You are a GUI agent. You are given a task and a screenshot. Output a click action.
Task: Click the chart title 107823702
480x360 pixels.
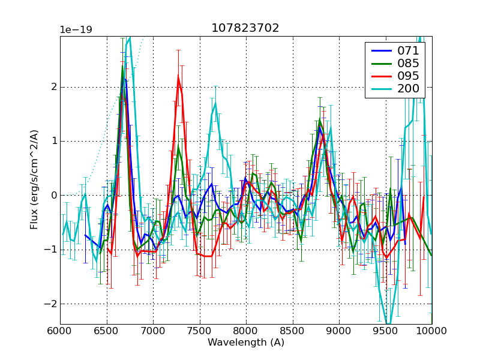click(x=245, y=28)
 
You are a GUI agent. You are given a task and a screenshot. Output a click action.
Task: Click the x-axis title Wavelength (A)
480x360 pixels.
click(x=245, y=343)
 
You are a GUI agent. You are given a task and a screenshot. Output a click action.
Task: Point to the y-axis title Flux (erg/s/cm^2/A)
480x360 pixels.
click(x=34, y=180)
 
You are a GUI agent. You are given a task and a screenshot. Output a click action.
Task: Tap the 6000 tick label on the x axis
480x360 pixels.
click(x=60, y=331)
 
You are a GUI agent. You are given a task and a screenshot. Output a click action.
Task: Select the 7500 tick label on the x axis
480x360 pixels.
click(x=199, y=331)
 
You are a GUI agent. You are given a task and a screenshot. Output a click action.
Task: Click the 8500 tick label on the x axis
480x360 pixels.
click(x=292, y=331)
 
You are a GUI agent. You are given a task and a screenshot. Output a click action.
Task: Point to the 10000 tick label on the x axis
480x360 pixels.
click(x=431, y=331)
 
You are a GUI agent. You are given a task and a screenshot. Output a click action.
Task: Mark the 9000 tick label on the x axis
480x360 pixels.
click(x=339, y=331)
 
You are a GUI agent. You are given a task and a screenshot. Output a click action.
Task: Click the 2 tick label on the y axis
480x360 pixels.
click(x=53, y=87)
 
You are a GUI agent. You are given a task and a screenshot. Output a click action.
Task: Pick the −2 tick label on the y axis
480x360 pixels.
click(x=50, y=304)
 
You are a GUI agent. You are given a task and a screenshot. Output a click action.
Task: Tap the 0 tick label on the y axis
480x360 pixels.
click(x=53, y=196)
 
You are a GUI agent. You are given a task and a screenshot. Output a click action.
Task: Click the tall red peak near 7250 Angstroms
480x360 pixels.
click(x=178, y=76)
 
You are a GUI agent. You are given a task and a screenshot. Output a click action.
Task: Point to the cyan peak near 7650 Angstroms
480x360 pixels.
click(x=215, y=103)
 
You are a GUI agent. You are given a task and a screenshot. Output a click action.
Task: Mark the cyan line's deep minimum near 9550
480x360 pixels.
click(x=388, y=325)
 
